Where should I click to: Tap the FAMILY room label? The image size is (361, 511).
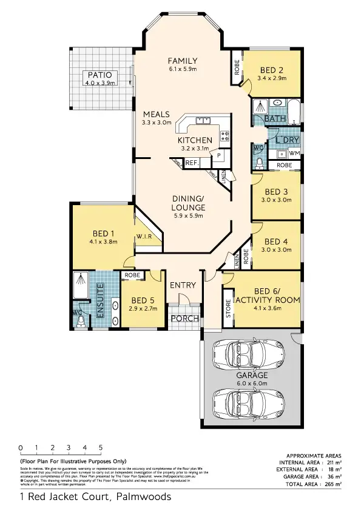coord(183,60)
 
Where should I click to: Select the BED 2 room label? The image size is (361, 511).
coord(271,70)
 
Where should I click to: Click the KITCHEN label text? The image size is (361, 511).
coord(195,140)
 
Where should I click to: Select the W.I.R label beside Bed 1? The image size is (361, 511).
coord(144,236)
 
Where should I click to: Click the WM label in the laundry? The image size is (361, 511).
coord(294,152)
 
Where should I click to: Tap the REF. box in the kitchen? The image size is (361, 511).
coord(192,163)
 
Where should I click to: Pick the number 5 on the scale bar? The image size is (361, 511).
coord(100,448)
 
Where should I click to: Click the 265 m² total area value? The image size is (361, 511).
coord(330,484)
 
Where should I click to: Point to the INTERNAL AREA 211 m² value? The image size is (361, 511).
coord(330,462)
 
